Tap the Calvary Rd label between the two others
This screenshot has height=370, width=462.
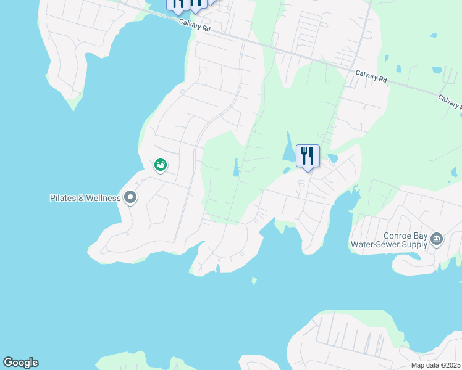coord(371,79)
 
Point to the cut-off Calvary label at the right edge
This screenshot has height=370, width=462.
coord(450,101)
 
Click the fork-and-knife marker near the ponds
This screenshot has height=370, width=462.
coord(308,157)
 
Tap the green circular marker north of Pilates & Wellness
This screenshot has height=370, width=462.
coord(160,165)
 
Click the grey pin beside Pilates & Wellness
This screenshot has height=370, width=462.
coord(130,198)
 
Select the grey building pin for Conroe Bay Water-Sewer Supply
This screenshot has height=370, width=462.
coord(437,239)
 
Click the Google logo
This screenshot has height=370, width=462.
coord(20,363)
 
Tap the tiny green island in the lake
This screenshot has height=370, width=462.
coord(253,281)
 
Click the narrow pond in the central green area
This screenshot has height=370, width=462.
coord(236,168)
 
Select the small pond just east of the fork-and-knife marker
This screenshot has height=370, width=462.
coord(333,158)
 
